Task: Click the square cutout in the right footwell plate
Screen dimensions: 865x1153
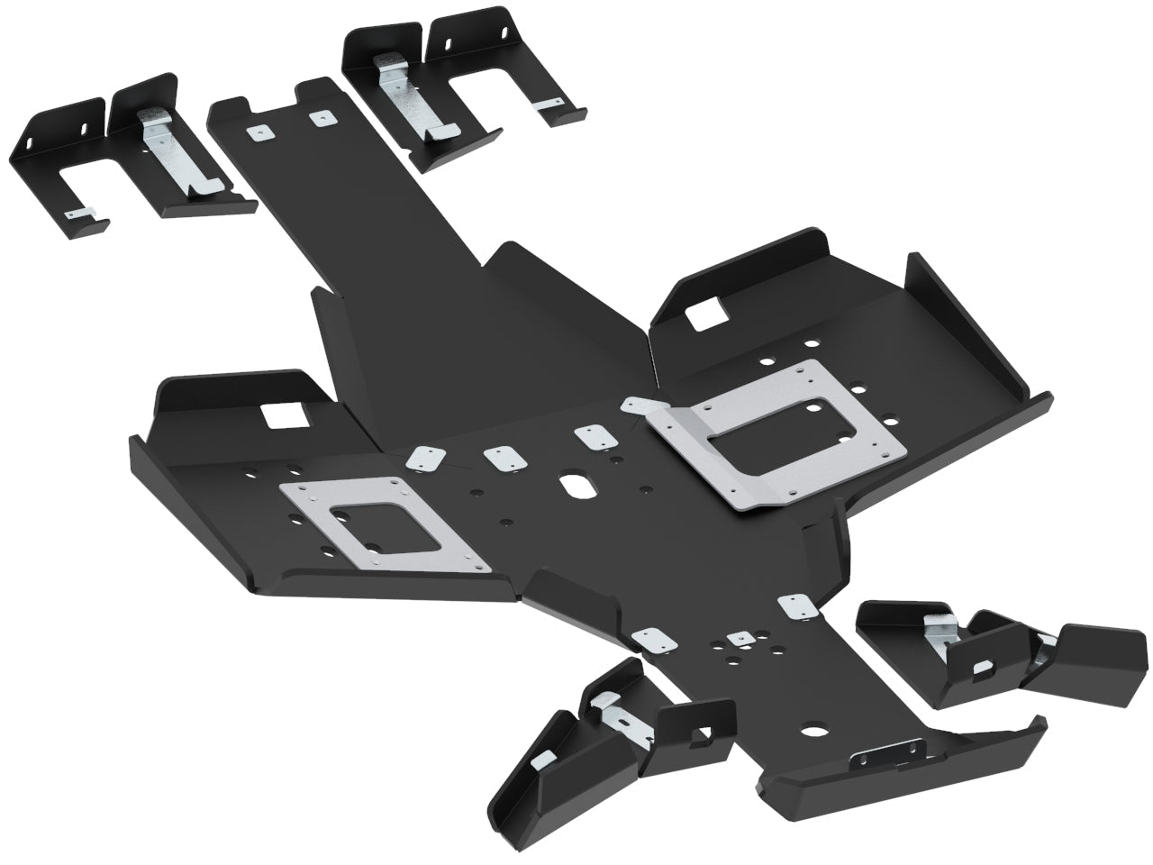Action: click(x=704, y=315)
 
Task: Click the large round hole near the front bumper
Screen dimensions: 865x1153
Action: click(x=816, y=727)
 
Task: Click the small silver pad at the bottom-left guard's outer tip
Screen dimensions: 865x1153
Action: click(x=540, y=760)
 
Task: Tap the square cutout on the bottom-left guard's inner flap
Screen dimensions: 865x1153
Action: click(x=705, y=732)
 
